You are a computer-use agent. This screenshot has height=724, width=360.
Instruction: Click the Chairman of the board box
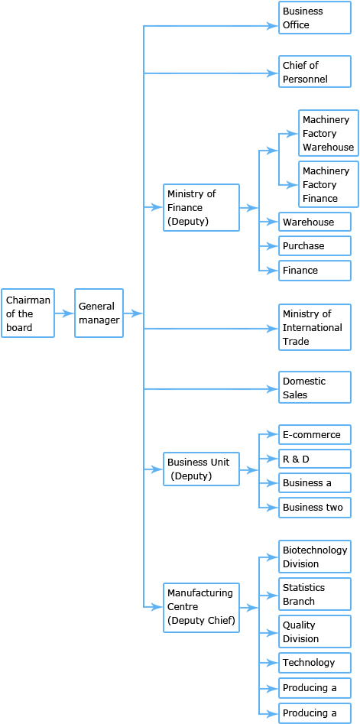(28, 313)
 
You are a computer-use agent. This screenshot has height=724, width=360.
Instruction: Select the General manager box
(99, 313)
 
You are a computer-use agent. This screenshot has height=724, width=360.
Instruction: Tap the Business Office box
(315, 18)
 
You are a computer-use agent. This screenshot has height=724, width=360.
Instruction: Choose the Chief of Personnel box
(315, 72)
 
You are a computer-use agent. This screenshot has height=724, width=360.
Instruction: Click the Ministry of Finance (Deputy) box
(201, 207)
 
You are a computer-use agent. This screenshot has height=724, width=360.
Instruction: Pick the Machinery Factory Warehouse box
(328, 134)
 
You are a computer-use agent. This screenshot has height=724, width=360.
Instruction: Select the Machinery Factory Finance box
(328, 184)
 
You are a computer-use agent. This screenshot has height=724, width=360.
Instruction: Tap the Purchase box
(315, 246)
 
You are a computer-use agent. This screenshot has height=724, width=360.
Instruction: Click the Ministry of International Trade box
(315, 327)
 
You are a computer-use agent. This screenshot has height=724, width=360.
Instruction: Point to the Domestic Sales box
(315, 388)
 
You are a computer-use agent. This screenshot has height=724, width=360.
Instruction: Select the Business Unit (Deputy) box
(201, 469)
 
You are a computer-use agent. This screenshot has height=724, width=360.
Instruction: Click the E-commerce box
(315, 434)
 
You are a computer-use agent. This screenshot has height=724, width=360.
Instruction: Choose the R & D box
(315, 459)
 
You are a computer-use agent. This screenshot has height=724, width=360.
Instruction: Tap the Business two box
(315, 508)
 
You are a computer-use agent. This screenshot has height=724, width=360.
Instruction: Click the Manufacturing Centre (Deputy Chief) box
(201, 608)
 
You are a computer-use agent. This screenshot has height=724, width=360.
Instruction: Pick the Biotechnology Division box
(315, 557)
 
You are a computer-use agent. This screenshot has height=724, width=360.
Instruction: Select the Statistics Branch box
(315, 594)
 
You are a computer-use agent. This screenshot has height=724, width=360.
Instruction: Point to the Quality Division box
(315, 631)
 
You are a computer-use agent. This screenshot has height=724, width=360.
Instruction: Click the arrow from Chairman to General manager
(65, 313)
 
